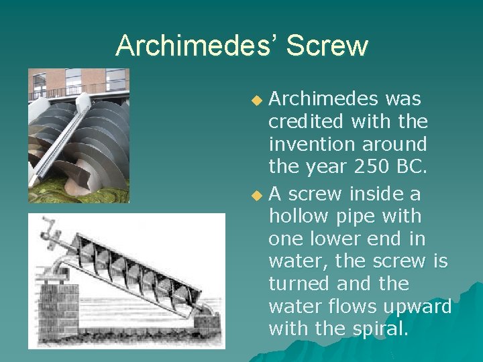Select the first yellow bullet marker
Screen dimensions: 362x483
[256, 101]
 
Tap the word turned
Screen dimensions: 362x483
[300, 284]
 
